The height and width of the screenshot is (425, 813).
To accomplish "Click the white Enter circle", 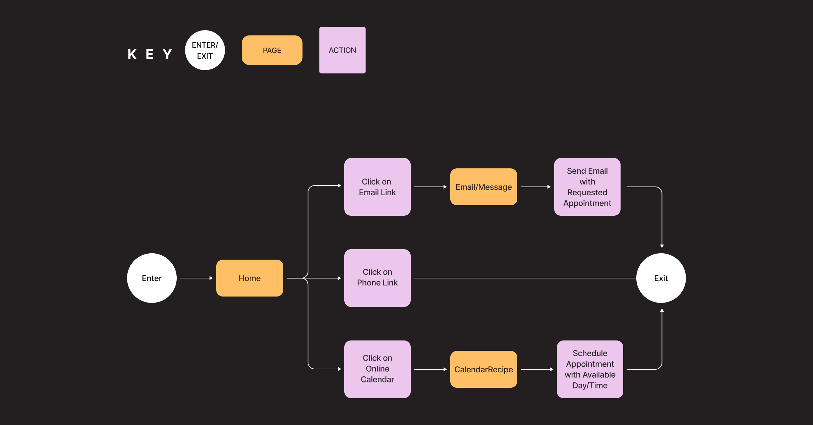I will click(x=152, y=278).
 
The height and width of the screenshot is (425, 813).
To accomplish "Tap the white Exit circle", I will click(x=661, y=278).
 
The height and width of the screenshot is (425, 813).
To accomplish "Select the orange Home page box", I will click(x=249, y=278).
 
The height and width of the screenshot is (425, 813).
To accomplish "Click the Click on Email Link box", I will click(x=377, y=187).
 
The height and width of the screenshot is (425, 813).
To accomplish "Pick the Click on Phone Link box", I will click(x=377, y=278).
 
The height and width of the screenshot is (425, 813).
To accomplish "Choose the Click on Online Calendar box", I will click(x=377, y=369).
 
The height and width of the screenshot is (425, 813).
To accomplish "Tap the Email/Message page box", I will click(x=483, y=187).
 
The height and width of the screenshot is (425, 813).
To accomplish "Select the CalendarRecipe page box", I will click(x=483, y=369).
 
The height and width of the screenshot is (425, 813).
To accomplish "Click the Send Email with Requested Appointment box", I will click(x=587, y=187).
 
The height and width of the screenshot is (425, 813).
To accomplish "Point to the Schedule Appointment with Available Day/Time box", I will click(x=590, y=369).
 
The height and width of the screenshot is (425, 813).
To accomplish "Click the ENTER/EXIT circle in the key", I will click(x=205, y=50).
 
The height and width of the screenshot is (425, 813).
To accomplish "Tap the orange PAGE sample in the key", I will click(x=272, y=50).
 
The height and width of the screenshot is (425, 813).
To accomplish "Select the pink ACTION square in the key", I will click(x=342, y=50).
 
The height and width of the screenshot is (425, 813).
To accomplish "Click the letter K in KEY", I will click(x=132, y=54).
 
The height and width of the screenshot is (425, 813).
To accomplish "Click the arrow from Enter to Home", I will click(x=196, y=278).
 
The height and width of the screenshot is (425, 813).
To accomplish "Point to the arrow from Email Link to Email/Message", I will click(x=430, y=187).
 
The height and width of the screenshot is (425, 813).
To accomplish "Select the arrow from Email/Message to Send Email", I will click(x=535, y=187).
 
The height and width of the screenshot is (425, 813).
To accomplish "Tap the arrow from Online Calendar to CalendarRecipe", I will click(x=430, y=369).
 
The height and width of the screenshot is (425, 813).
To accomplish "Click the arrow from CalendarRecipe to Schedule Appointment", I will click(x=537, y=369).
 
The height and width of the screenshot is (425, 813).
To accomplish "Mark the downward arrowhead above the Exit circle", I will click(x=662, y=246).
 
